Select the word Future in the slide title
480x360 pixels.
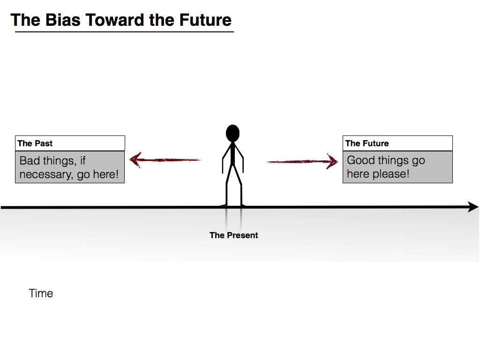click(x=205, y=20)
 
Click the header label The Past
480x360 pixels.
click(x=35, y=143)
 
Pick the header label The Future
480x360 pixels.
click(x=367, y=143)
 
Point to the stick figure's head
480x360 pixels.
click(x=232, y=133)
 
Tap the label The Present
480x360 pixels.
click(x=233, y=235)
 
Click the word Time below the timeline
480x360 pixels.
click(x=41, y=293)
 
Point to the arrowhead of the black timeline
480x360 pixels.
click(x=472, y=207)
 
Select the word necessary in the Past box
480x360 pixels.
click(x=47, y=174)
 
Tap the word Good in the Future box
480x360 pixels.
click(x=361, y=160)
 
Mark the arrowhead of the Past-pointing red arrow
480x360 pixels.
click(x=135, y=160)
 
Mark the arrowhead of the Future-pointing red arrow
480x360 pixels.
click(x=332, y=162)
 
